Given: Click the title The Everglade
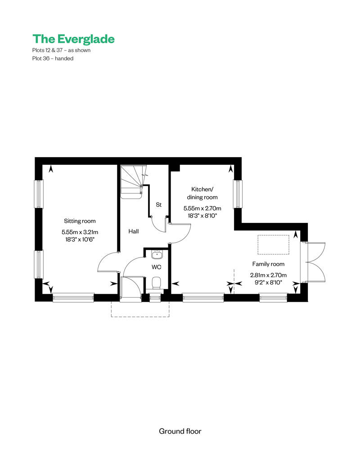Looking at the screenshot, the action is pyautogui.click(x=73, y=39).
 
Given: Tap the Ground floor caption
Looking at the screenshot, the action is pyautogui.click(x=180, y=431).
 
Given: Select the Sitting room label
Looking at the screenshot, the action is pyautogui.click(x=80, y=221).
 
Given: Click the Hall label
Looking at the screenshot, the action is pyautogui.click(x=134, y=231).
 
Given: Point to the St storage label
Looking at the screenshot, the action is pyautogui.click(x=158, y=205).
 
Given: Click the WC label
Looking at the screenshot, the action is pyautogui.click(x=157, y=267).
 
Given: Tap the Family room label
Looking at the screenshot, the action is pyautogui.click(x=268, y=264).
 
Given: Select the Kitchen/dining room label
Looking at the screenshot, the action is pyautogui.click(x=202, y=193).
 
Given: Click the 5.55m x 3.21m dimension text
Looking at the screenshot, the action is pyautogui.click(x=80, y=232).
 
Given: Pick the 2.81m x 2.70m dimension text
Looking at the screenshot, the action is pyautogui.click(x=268, y=275).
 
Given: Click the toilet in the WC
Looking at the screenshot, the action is pyautogui.click(x=156, y=283).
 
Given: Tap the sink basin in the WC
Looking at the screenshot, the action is pyautogui.click(x=157, y=255).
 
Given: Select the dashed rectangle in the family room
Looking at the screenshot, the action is pyautogui.click(x=273, y=244).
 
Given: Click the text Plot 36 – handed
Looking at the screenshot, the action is pyautogui.click(x=53, y=59).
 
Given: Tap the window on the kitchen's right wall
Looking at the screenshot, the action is pyautogui.click(x=238, y=194).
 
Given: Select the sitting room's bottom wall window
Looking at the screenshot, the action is pyautogui.click(x=73, y=298).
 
